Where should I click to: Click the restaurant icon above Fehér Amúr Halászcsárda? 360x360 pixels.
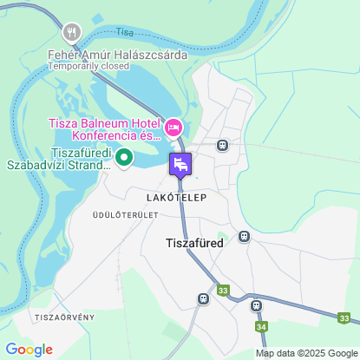tap(71, 33)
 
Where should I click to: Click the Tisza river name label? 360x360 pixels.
tap(126, 32)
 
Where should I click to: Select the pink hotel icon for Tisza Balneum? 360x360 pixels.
tap(173, 128)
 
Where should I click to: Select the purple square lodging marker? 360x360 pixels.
tap(180, 163)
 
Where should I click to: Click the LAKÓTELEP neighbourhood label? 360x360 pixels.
tap(170, 198)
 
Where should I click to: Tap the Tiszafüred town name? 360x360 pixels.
tap(194, 244)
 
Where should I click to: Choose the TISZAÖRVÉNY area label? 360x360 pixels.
tap(65, 317)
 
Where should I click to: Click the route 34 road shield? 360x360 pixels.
tap(261, 326)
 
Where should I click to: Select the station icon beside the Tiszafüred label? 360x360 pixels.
tap(245, 236)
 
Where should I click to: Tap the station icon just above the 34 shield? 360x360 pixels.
tap(256, 305)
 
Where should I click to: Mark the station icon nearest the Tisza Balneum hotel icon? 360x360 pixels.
tap(222, 145)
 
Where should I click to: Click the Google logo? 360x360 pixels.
tap(29, 350)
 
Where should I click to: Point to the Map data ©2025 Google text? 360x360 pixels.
tap(306, 353)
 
